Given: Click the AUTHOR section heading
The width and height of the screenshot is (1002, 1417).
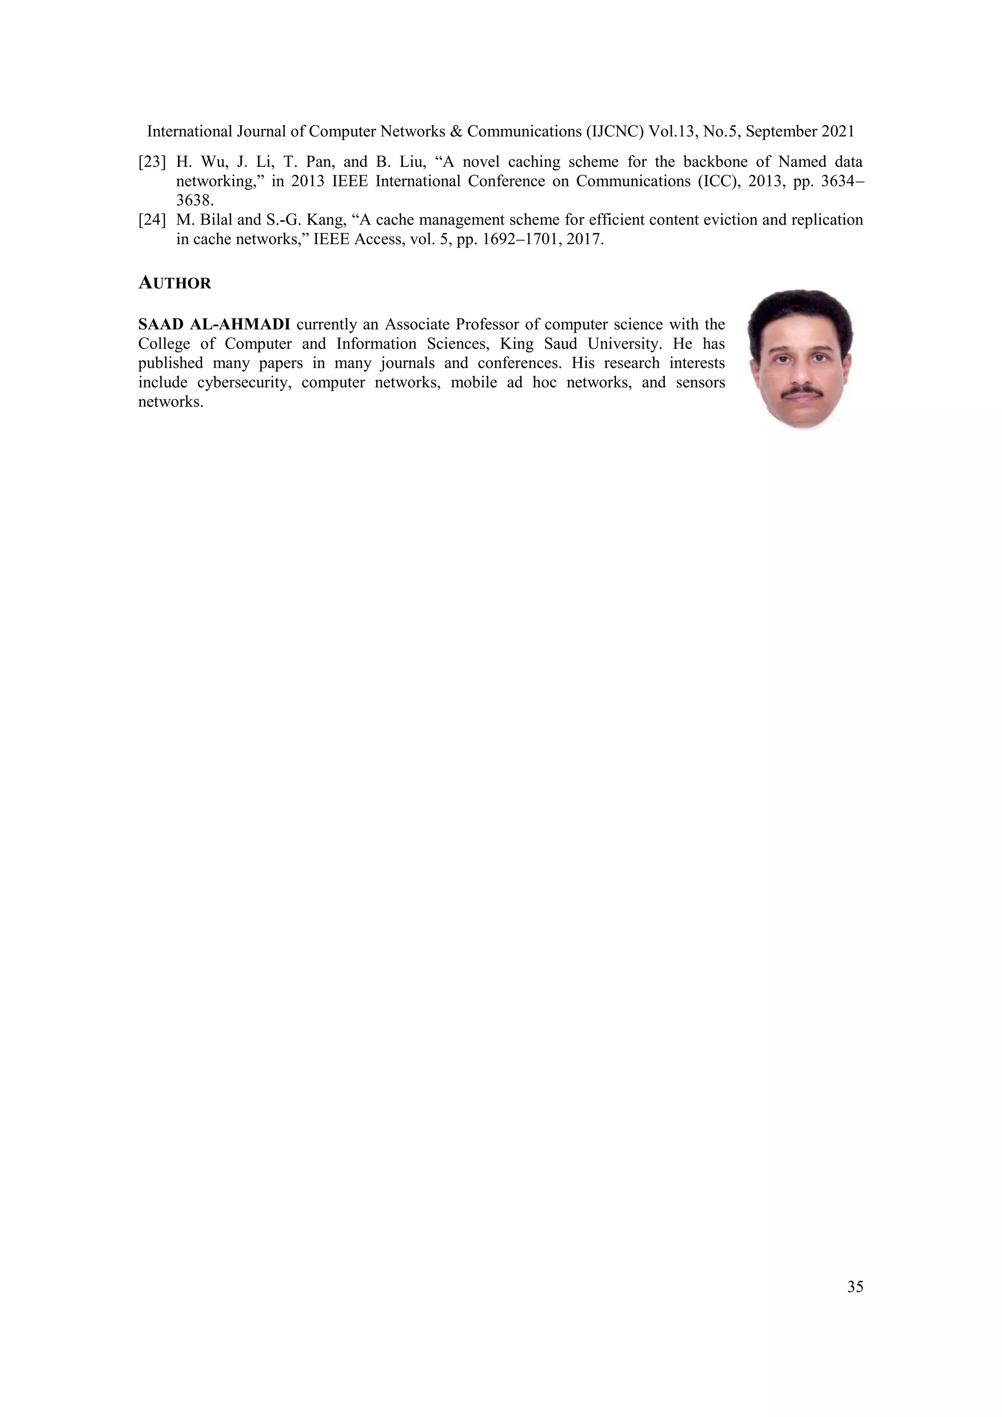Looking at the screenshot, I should [175, 283].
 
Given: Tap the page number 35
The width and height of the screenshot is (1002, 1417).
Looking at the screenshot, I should [855, 1287].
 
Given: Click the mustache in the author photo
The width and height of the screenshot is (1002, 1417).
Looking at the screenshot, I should [801, 392].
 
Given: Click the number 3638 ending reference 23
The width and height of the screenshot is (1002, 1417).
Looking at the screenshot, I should [194, 201].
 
